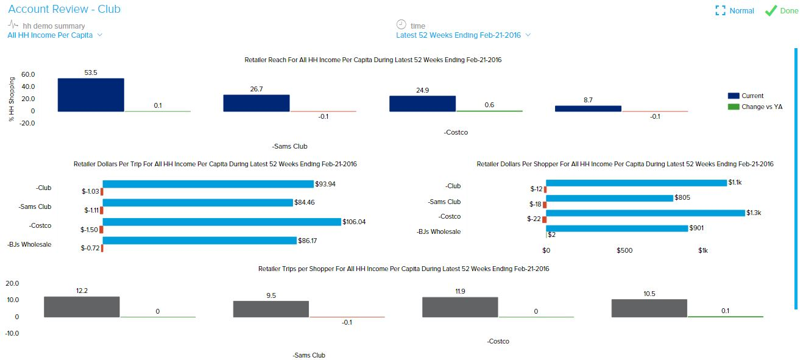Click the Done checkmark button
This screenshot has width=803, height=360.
[x=782, y=11]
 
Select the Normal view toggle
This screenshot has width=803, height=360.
[x=735, y=11]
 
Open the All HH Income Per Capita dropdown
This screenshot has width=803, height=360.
[x=55, y=35]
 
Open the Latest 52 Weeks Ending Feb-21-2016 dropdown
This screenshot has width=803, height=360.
[x=463, y=35]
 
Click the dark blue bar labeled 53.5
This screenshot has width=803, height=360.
[x=91, y=95]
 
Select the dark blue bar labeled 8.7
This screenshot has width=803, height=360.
[x=588, y=108]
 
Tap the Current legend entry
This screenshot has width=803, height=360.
[x=746, y=96]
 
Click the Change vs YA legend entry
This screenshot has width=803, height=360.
[x=755, y=107]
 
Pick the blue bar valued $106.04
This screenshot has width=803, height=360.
[x=222, y=222]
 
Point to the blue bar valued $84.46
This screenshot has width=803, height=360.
[x=198, y=203]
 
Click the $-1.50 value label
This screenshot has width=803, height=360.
[x=90, y=230]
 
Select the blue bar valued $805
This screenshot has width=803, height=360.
[x=609, y=198]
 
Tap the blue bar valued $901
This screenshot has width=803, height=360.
[x=617, y=228]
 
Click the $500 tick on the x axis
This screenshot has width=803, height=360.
[x=624, y=250]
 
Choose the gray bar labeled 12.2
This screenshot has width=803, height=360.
[x=82, y=307]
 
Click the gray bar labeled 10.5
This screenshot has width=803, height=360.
[x=649, y=308]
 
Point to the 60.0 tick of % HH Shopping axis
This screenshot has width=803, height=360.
[x=28, y=74]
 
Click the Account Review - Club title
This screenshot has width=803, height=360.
[x=64, y=9]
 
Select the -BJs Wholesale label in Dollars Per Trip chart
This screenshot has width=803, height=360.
[x=30, y=245]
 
